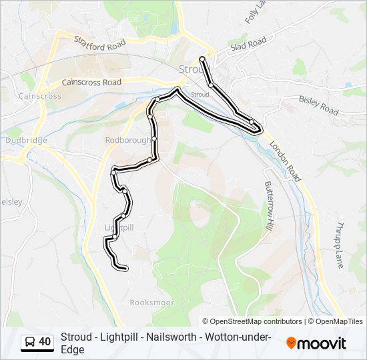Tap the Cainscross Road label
click(x=91, y=82)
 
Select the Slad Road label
click(x=248, y=45)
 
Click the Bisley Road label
click(x=319, y=105)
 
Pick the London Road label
click(x=286, y=161)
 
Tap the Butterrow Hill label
click(x=269, y=206)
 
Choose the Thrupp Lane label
click(x=340, y=245)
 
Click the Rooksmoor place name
click(x=152, y=303)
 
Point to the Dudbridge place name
click(x=25, y=140)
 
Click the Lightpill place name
click(x=119, y=227)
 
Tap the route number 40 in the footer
click(x=45, y=342)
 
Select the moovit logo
click(x=316, y=343)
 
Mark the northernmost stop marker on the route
click(x=202, y=59)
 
